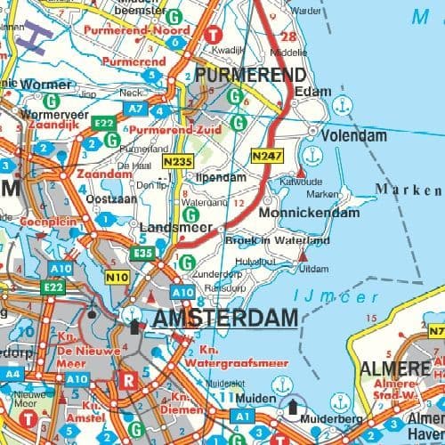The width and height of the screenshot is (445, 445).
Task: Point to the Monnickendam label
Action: pos(309,214)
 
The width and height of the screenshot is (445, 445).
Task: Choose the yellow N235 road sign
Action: pos(178,162)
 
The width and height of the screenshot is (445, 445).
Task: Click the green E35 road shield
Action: pos(142,254)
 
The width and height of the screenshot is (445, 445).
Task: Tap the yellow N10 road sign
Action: pos(117,279)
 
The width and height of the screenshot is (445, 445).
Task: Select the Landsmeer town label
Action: pos(169,228)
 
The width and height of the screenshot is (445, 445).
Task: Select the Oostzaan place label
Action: pos(92,198)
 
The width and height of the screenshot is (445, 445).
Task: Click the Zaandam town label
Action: pos(99,175)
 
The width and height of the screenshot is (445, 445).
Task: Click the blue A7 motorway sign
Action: pos(134,108)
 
